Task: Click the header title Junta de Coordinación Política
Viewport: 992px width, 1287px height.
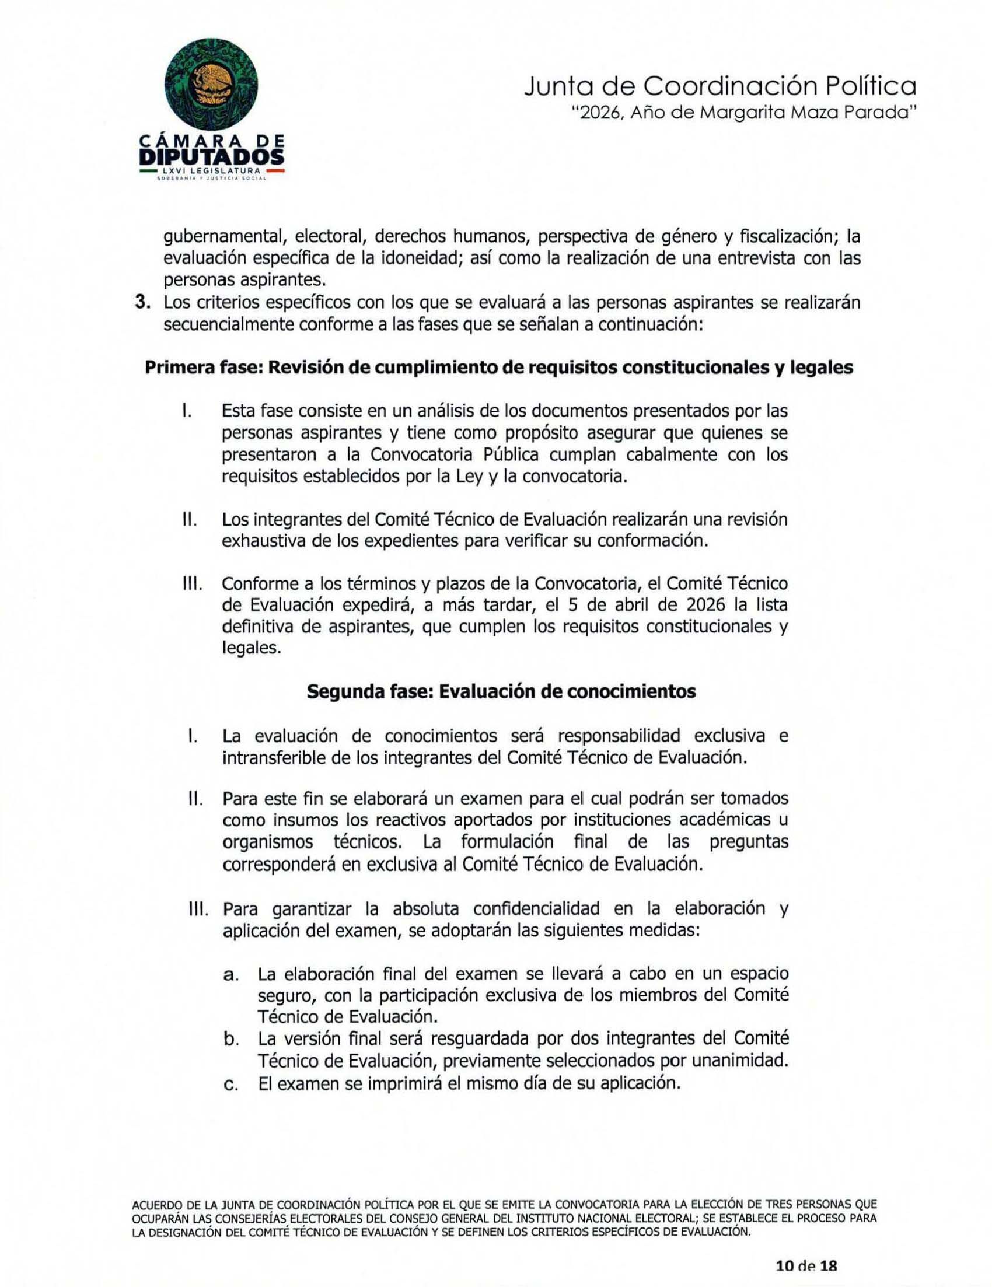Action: [x=719, y=87]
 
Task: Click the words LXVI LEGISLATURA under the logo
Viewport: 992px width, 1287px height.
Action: [x=212, y=171]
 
